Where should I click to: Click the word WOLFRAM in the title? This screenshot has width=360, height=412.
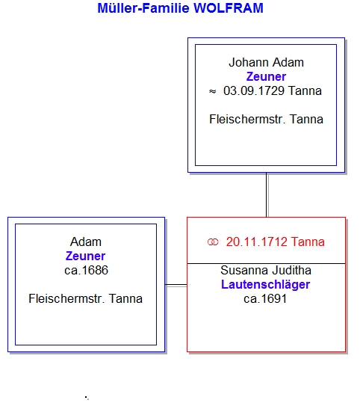[x=229, y=8]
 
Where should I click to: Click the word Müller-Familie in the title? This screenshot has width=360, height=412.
[x=143, y=8]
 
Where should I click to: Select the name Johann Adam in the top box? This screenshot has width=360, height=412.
[x=266, y=63]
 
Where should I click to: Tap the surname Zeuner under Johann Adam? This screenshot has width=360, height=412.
[x=266, y=77]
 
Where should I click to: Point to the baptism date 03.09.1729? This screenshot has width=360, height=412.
[x=254, y=91]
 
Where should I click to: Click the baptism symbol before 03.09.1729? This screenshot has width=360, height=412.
[x=213, y=91]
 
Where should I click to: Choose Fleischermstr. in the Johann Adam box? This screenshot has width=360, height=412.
[x=247, y=120]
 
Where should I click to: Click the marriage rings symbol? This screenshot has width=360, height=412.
[x=213, y=242]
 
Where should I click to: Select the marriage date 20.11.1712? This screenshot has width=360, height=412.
[x=257, y=242]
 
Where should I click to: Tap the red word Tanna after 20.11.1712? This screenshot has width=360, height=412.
[x=308, y=242]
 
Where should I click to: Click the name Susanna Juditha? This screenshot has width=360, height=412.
[x=266, y=271]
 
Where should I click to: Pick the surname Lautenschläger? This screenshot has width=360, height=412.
[x=266, y=285]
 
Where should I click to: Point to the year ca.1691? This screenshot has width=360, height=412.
[x=265, y=299]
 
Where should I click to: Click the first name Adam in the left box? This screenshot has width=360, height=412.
[x=86, y=242]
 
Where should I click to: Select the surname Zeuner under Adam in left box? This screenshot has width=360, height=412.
[x=86, y=256]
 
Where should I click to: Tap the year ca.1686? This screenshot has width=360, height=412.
[x=86, y=271]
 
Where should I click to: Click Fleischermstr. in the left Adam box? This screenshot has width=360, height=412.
[x=66, y=299]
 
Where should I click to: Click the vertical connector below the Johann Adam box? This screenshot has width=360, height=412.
[x=267, y=195]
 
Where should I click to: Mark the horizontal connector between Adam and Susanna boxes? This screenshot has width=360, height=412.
[x=176, y=285]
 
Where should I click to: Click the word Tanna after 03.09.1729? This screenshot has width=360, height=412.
[x=305, y=91]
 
